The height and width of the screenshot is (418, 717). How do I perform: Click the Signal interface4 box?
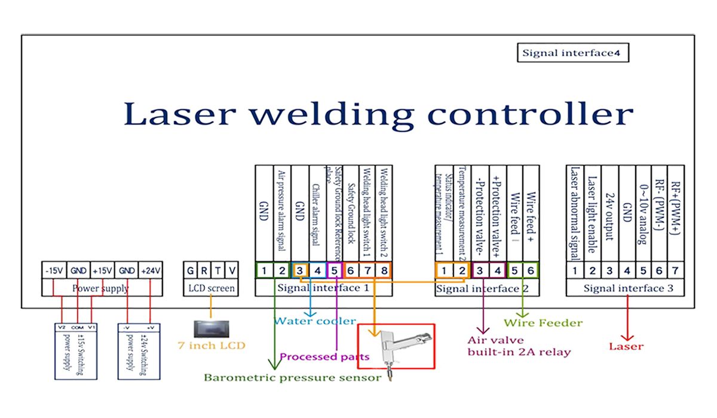[x=572, y=53]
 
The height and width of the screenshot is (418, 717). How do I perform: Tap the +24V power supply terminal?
[x=150, y=271]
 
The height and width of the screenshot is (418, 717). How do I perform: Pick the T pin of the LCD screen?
[x=219, y=271]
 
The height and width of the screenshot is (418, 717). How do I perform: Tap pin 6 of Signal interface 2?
[x=531, y=271]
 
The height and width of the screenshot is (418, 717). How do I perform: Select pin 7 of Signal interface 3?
[x=675, y=271]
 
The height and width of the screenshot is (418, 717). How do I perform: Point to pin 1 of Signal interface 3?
[x=575, y=271]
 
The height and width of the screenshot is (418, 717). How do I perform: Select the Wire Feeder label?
[x=543, y=323]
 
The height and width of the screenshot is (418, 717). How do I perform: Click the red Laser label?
[x=626, y=346]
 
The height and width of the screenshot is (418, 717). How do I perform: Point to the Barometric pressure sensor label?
[x=292, y=377]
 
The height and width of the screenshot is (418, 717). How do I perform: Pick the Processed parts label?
[x=324, y=357]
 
